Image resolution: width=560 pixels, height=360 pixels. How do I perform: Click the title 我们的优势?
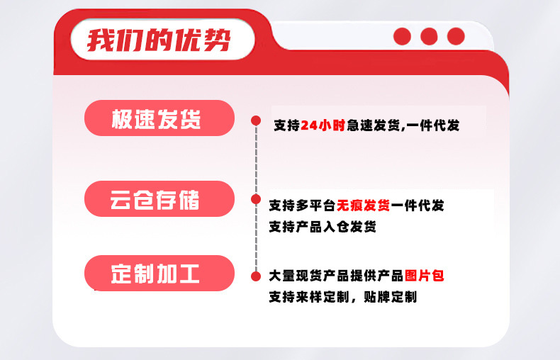click(159, 40)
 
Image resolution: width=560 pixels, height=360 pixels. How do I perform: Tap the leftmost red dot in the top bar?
click(402, 36)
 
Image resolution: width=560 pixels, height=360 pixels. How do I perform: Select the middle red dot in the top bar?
click(429, 36)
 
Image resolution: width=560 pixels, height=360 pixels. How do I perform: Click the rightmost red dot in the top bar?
click(456, 36)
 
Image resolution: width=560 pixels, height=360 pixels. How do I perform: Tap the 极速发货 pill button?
click(159, 118)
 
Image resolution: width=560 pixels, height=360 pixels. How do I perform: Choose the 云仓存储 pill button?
click(159, 199)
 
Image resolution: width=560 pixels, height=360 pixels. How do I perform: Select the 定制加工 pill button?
click(159, 274)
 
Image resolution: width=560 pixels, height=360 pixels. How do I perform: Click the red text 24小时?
click(323, 125)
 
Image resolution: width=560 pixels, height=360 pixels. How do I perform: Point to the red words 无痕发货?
click(363, 206)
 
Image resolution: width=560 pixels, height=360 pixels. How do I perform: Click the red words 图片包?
click(425, 276)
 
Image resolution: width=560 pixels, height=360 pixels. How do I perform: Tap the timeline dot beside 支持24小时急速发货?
click(256, 120)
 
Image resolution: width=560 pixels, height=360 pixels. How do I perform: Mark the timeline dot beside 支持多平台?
click(256, 199)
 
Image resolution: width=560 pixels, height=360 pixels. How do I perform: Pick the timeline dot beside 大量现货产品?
click(256, 276)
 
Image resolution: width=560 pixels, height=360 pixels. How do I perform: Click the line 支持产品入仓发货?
click(323, 227)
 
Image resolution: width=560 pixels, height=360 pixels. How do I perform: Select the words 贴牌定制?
click(391, 297)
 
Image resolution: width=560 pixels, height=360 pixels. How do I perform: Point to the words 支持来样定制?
click(309, 297)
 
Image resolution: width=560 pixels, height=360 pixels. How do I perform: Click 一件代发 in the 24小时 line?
click(433, 125)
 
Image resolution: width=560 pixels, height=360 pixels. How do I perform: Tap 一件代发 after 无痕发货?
click(418, 206)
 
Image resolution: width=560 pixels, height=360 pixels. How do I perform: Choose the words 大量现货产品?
click(309, 276)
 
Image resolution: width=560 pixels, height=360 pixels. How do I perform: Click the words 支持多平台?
click(303, 206)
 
